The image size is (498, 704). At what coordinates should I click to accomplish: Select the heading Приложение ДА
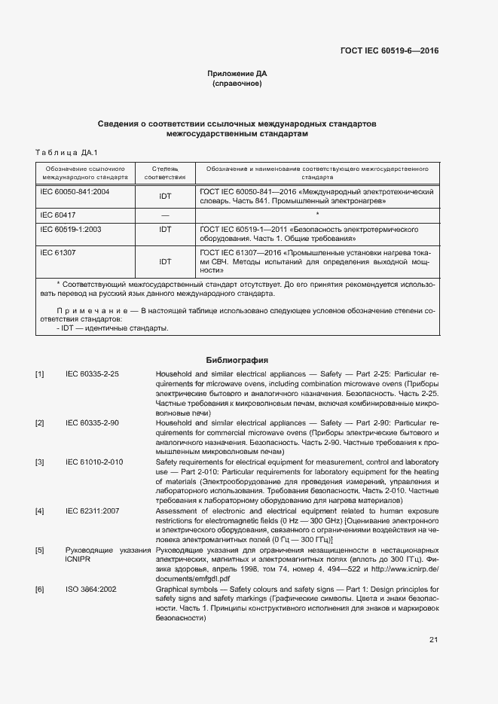pyautogui.click(x=237, y=74)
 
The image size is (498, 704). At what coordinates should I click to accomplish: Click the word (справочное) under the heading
pyautogui.click(x=237, y=84)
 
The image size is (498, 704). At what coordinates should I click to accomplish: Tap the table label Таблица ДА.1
pyautogui.click(x=62, y=152)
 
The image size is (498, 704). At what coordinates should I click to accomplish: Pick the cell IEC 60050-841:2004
pyautogui.click(x=75, y=192)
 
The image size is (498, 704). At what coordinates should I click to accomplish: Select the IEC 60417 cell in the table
pyautogui.click(x=58, y=215)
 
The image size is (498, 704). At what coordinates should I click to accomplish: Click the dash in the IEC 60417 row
pyautogui.click(x=165, y=215)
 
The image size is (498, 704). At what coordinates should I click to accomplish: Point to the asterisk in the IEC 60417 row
pyautogui.click(x=317, y=215)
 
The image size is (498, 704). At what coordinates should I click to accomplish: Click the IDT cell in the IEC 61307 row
pyautogui.click(x=165, y=262)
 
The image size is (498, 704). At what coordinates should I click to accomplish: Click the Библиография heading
pyautogui.click(x=237, y=360)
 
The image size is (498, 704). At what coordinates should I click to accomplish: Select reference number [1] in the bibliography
pyautogui.click(x=39, y=374)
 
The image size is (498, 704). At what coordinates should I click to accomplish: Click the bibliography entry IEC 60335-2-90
pyautogui.click(x=92, y=423)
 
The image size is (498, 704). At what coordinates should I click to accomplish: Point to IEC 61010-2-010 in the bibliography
pyautogui.click(x=94, y=462)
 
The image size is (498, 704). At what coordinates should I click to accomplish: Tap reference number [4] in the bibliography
pyautogui.click(x=39, y=511)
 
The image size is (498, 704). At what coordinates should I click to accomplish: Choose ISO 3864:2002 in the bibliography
pyautogui.click(x=91, y=590)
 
